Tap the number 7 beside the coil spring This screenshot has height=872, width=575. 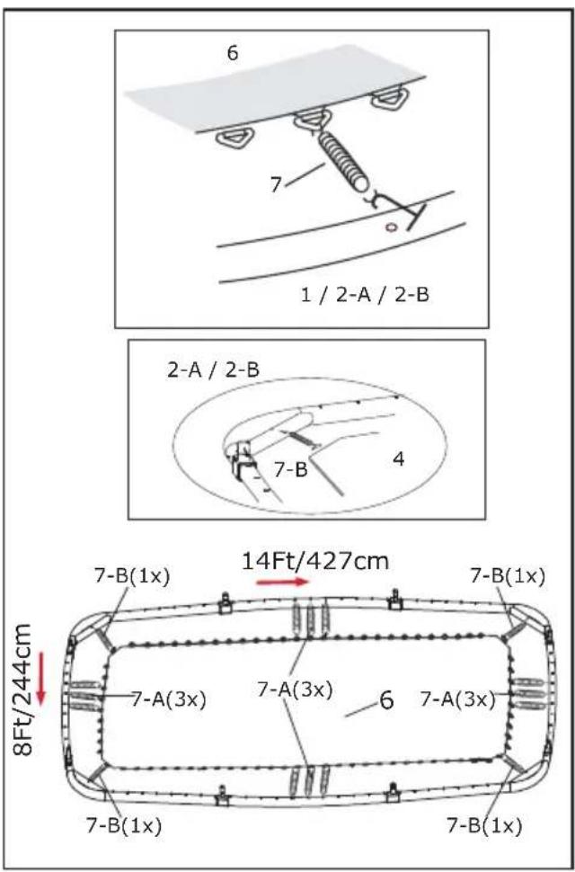(277, 184)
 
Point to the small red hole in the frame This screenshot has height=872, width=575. (392, 227)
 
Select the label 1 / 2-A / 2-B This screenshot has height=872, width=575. (365, 294)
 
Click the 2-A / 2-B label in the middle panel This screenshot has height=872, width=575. (213, 370)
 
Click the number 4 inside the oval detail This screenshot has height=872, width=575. (399, 460)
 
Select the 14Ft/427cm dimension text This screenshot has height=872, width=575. (315, 561)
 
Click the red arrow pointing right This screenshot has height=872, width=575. (282, 583)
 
